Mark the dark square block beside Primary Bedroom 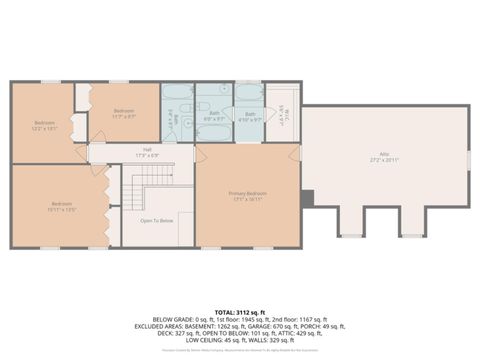coord(307,197)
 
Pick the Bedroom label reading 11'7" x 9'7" coord(123,112)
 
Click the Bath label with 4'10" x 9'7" coord(249,117)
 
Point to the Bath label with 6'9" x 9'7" coord(213,117)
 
